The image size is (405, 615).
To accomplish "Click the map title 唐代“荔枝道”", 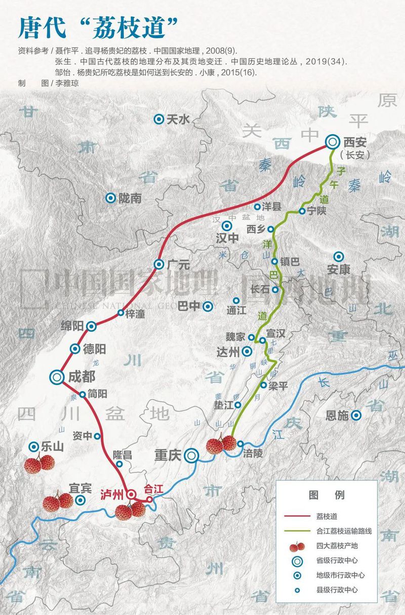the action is pyautogui.click(x=99, y=28).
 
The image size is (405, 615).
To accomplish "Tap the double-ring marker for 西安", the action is pyautogui.click(x=333, y=142).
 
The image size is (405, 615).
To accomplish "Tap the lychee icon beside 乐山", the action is pyautogui.click(x=39, y=464).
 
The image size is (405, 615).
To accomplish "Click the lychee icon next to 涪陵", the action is pyautogui.click(x=221, y=444).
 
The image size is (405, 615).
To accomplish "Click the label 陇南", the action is pyautogui.click(x=130, y=198).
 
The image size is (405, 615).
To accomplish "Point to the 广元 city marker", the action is pyautogui.click(x=159, y=264).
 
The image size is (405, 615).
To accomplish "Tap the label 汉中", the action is pyautogui.click(x=226, y=238).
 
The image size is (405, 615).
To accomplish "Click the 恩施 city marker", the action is pyautogui.click(x=356, y=416).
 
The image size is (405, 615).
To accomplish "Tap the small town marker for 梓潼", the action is pyautogui.click(x=120, y=313).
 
